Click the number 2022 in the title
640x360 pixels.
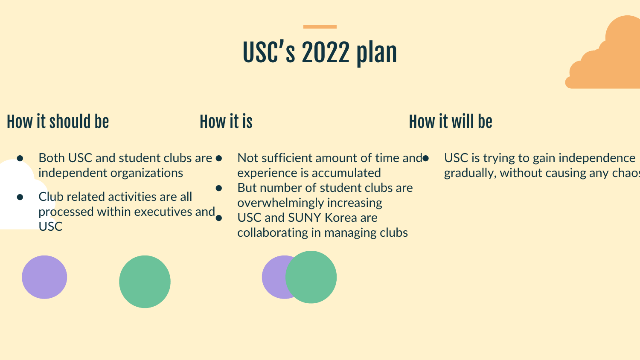[x=326, y=52]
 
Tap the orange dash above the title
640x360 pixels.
[x=320, y=26]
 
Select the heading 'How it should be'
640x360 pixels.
[x=58, y=122]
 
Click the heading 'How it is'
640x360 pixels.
[x=226, y=122]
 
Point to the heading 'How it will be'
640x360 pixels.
[x=451, y=122]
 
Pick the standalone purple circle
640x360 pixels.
[x=44, y=277]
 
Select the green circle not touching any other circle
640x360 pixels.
[x=145, y=282]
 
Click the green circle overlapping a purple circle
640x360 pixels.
[x=311, y=277]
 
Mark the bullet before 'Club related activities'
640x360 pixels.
[x=20, y=197]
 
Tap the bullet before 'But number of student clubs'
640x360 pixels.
[x=219, y=188]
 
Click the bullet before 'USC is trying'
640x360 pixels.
[x=425, y=158]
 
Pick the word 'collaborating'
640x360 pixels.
[x=272, y=233]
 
